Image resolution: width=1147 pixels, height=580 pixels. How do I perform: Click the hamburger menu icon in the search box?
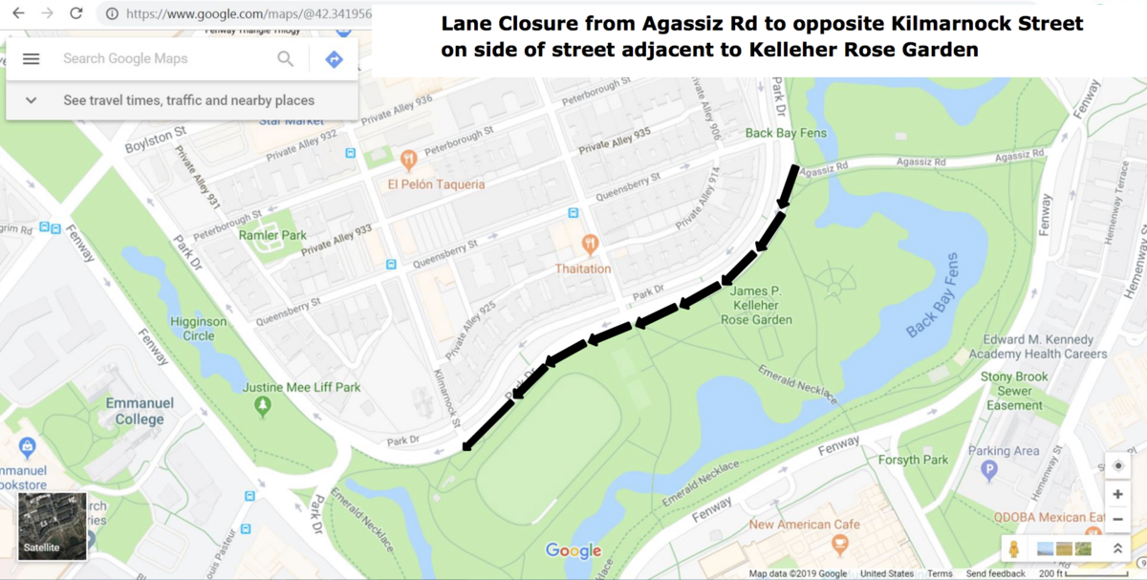31,59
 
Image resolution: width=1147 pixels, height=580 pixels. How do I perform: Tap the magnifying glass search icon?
285,59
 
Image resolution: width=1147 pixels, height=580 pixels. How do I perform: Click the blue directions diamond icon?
334,59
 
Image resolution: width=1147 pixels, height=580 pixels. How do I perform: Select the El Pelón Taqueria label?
436,184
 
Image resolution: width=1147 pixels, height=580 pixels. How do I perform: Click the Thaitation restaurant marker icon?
590,245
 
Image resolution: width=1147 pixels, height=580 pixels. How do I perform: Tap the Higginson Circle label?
199,329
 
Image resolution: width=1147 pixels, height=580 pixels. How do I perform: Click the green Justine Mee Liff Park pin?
263,407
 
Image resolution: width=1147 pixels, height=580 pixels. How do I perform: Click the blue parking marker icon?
989,470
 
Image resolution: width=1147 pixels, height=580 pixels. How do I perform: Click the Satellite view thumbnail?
53,526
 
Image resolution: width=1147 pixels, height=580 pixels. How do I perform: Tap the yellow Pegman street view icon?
1014,549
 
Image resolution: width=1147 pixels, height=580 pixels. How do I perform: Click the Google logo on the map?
573,551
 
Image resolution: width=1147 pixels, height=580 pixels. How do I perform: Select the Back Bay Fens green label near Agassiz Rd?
786,133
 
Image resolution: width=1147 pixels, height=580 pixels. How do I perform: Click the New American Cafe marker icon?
841,546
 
